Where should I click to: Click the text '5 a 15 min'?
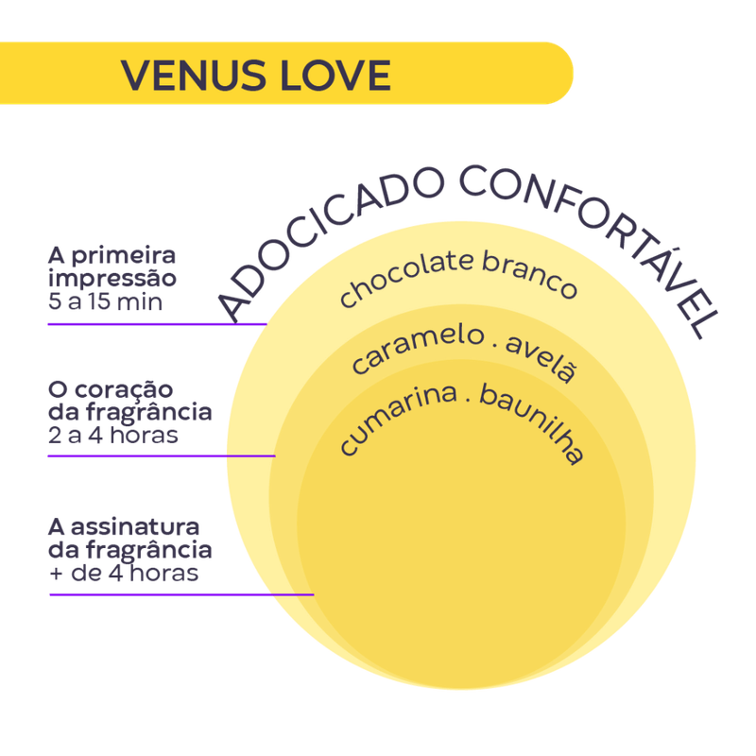105,302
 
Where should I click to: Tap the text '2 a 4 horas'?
113,436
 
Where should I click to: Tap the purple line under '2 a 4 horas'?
161,456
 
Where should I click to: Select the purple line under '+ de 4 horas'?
180,594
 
